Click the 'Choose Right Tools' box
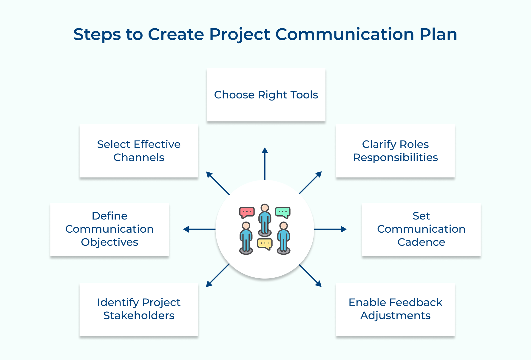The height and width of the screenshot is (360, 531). (x=266, y=95)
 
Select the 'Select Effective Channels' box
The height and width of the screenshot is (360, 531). (x=139, y=151)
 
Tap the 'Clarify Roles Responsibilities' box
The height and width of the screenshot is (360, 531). (x=395, y=151)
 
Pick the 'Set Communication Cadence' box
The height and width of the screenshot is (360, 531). (x=421, y=229)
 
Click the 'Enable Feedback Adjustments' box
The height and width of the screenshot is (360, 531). (x=395, y=309)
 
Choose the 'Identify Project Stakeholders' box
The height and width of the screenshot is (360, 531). (x=139, y=309)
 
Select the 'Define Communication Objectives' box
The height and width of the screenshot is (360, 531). (x=109, y=229)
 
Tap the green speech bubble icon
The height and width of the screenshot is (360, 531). (x=283, y=212)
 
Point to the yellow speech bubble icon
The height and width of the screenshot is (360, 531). (x=265, y=244)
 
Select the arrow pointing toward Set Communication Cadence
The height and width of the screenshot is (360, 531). (x=331, y=229)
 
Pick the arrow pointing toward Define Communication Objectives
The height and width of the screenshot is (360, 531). (x=199, y=229)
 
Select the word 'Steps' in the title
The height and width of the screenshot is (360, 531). (x=97, y=34)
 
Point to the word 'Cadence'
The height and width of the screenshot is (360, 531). (x=421, y=242)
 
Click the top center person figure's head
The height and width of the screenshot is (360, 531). (x=265, y=208)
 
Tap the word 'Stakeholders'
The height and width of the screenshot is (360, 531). (x=139, y=316)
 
